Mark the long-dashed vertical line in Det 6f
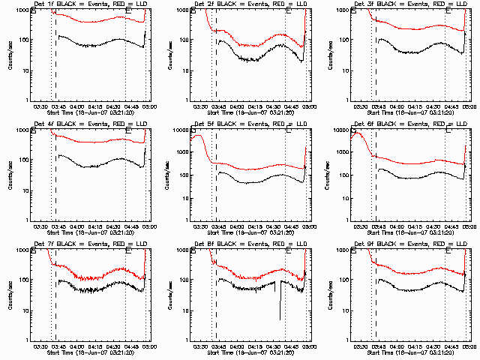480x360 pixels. [x=376, y=172]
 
